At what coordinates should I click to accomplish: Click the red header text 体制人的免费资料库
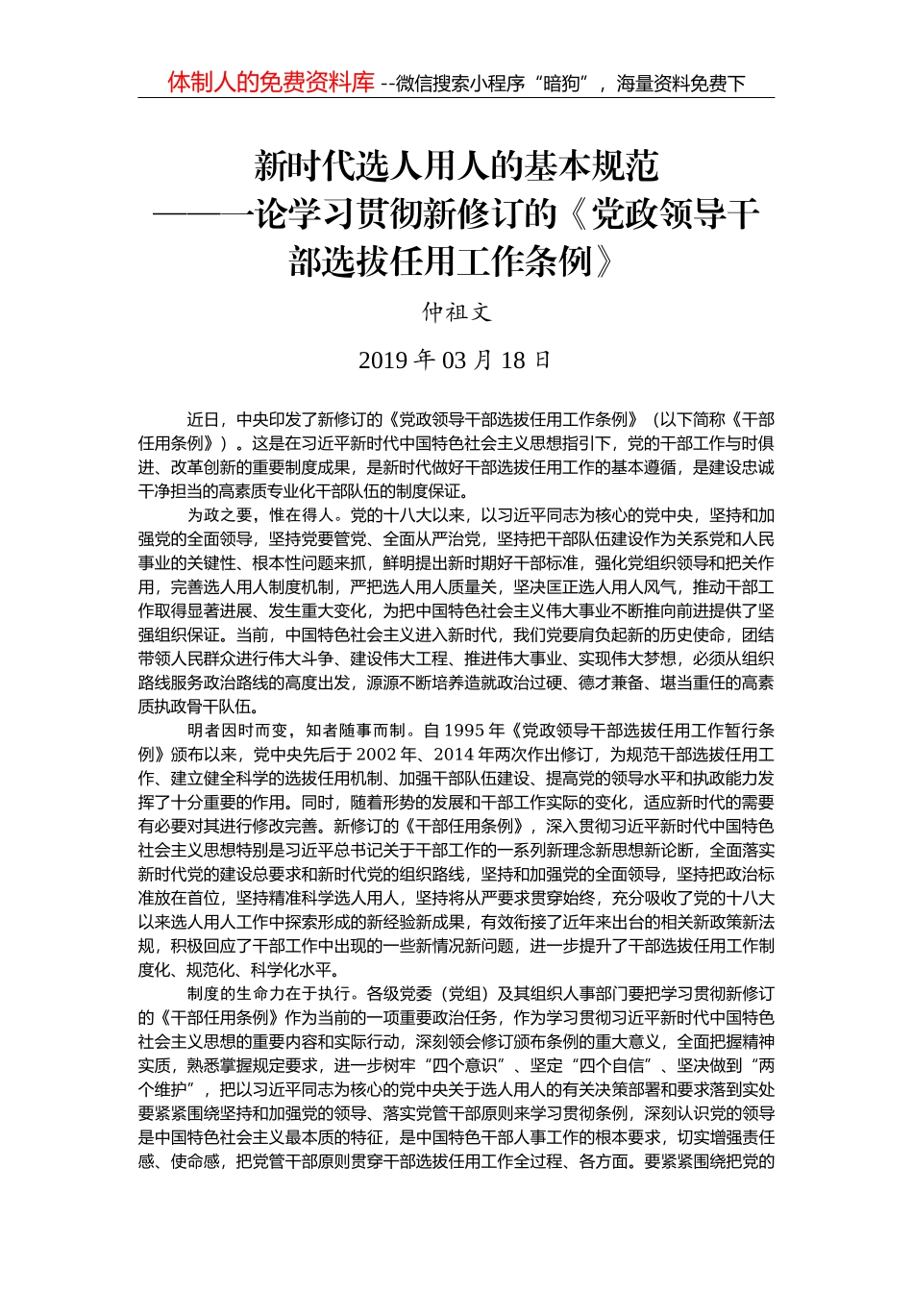click(x=270, y=83)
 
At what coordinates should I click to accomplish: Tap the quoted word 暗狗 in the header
click(x=560, y=84)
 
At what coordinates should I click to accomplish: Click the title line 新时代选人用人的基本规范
click(x=456, y=167)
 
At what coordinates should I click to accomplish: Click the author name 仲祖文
click(x=456, y=311)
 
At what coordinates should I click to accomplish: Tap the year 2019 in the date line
click(x=383, y=360)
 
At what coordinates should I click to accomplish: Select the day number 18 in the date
click(x=513, y=360)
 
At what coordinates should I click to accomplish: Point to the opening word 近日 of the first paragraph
click(x=203, y=420)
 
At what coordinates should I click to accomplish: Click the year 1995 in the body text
click(x=464, y=730)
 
